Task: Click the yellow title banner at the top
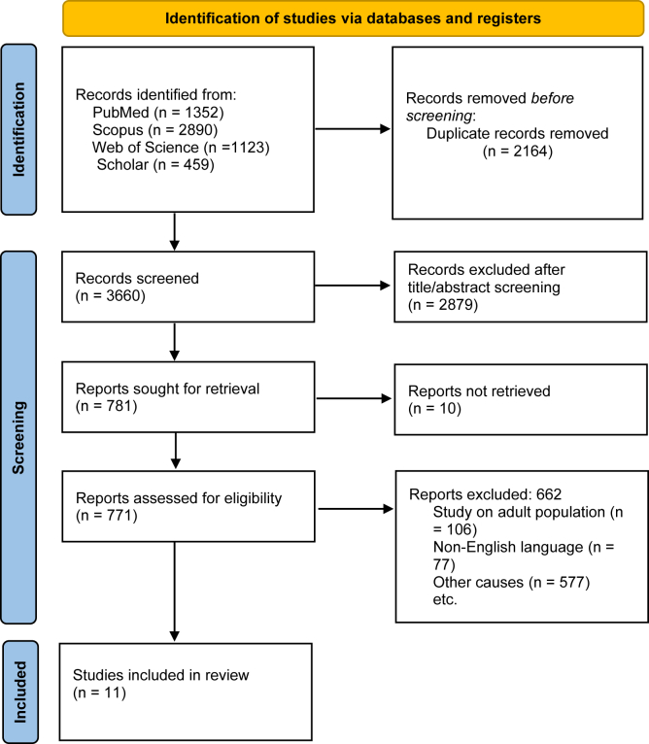click(x=354, y=18)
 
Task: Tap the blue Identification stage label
click(x=19, y=129)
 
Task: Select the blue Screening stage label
click(x=19, y=437)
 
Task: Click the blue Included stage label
click(x=20, y=692)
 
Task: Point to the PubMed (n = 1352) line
click(x=158, y=113)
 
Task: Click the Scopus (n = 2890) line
click(x=154, y=129)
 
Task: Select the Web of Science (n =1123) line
click(x=181, y=147)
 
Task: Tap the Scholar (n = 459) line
click(x=155, y=165)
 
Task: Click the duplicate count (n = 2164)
click(x=518, y=152)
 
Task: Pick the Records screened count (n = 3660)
click(x=110, y=295)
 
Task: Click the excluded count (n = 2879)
click(x=443, y=304)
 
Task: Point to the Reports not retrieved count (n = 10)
click(x=434, y=409)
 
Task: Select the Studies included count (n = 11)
click(x=99, y=693)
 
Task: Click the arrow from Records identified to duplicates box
click(x=353, y=128)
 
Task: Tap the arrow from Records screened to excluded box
click(x=353, y=286)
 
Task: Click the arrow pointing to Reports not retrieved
click(x=354, y=398)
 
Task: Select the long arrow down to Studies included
click(x=175, y=592)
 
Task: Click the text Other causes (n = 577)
click(x=511, y=582)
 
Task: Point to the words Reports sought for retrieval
click(x=167, y=389)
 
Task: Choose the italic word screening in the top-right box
click(x=439, y=116)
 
